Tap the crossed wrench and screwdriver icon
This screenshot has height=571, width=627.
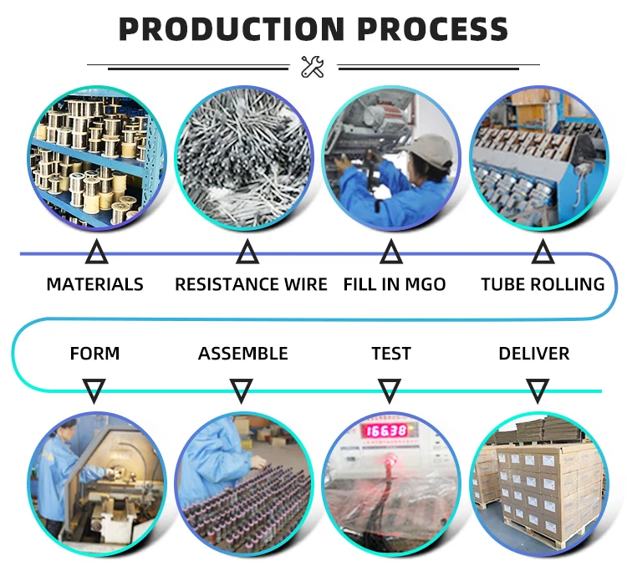pyautogui.click(x=313, y=66)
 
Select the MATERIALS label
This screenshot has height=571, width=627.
pyautogui.click(x=94, y=284)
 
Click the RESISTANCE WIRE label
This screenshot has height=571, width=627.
pyautogui.click(x=251, y=284)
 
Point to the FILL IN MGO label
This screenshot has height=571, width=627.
pyautogui.click(x=394, y=284)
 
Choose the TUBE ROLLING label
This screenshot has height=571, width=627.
pyautogui.click(x=543, y=284)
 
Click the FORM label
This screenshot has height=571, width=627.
pyautogui.click(x=94, y=354)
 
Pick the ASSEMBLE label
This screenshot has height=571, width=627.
pyautogui.click(x=242, y=354)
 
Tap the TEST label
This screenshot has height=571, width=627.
pyautogui.click(x=391, y=354)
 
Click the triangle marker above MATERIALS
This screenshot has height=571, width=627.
pyautogui.click(x=97, y=252)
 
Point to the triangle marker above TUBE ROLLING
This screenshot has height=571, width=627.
pyautogui.click(x=543, y=252)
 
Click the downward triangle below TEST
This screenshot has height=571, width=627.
pyautogui.click(x=390, y=390)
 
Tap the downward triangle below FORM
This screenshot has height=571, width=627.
pyautogui.click(x=94, y=390)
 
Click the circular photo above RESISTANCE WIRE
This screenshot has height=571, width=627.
pyautogui.click(x=245, y=159)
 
